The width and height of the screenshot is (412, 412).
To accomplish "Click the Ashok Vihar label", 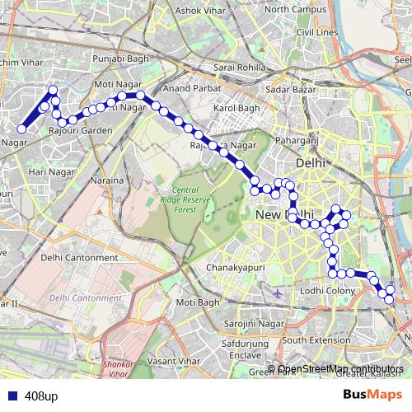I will (201, 11).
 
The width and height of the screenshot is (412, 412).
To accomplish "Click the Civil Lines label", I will (317, 32).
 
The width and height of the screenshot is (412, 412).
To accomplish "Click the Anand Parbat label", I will (190, 87).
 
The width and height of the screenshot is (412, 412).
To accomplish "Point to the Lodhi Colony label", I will (327, 291).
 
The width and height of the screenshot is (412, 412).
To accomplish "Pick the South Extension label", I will (316, 339).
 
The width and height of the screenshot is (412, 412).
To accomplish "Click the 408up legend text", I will (41, 396).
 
